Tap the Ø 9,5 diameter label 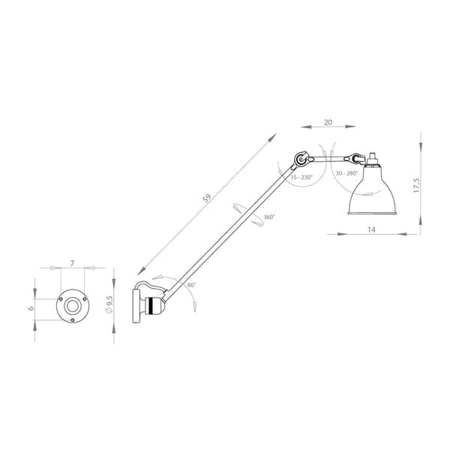pyautogui.click(x=110, y=303)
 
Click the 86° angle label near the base pyautogui.click(x=192, y=286)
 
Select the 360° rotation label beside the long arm pyautogui.click(x=268, y=217)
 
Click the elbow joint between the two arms pyautogui.click(x=301, y=159)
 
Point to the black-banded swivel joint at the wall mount pyautogui.click(x=153, y=306)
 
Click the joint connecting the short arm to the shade pyautogui.click(x=353, y=158)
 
